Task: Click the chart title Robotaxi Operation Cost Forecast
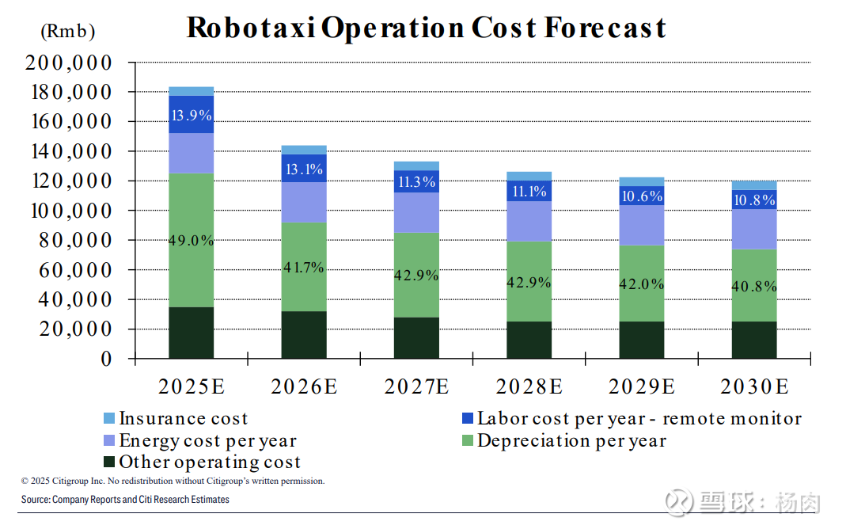click(x=426, y=28)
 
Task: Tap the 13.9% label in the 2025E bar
click(x=192, y=116)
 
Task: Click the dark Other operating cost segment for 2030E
click(x=754, y=340)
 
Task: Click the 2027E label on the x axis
click(x=416, y=387)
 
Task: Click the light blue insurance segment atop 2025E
click(x=192, y=91)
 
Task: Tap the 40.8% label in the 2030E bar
click(x=754, y=287)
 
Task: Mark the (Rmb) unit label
click(x=68, y=32)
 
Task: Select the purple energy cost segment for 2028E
click(x=529, y=221)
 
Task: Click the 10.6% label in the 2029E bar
click(x=642, y=196)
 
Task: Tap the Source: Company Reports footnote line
click(x=125, y=500)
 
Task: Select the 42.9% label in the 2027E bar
click(x=416, y=276)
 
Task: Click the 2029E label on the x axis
click(x=642, y=387)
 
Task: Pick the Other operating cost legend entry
click(x=201, y=462)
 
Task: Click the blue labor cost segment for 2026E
click(x=304, y=169)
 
